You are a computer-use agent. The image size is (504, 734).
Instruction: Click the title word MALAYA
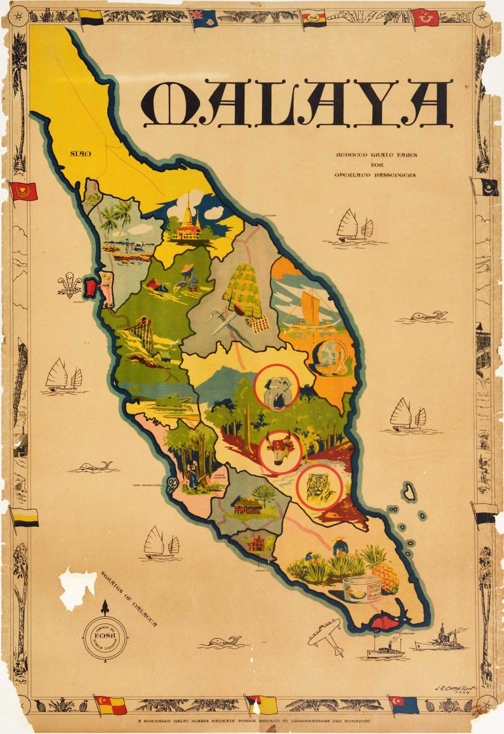click(x=296, y=104)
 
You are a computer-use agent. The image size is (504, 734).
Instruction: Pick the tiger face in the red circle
click(x=319, y=486)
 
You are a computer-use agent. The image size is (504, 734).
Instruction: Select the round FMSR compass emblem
click(x=105, y=637)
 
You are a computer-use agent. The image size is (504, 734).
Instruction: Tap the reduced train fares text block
click(x=375, y=165)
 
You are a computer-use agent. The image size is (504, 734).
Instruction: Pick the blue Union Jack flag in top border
click(x=204, y=18)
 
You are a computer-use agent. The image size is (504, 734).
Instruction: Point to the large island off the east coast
click(x=409, y=492)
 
